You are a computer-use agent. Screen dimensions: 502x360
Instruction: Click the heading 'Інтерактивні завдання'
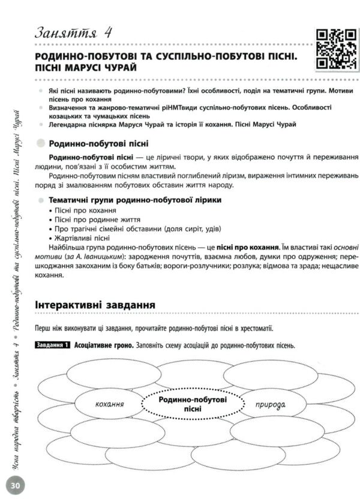click(x=95, y=305)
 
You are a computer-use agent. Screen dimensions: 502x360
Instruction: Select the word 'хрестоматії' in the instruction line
click(x=254, y=329)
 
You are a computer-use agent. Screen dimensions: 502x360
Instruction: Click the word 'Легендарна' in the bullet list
click(x=64, y=124)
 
